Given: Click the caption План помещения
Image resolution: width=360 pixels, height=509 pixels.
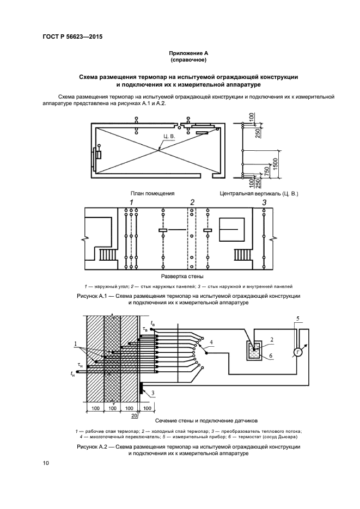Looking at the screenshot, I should coord(152,193).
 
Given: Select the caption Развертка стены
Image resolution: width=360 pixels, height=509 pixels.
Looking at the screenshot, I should coord(180,277).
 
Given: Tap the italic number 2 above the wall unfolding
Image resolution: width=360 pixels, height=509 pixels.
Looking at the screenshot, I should coord(192,203).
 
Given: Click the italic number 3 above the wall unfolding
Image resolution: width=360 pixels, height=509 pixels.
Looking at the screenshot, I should coord(264,203).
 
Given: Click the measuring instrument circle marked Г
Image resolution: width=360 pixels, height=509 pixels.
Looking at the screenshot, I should coord(298,352).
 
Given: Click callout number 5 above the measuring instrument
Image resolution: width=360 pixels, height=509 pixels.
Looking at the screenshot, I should coord(297,317).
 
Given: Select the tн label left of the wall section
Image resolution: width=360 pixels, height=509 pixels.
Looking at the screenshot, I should coord(72,373).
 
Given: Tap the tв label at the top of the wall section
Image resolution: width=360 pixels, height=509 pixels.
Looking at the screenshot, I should coord(152,324).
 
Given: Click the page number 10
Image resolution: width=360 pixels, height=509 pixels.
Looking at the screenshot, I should coord(46,463).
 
